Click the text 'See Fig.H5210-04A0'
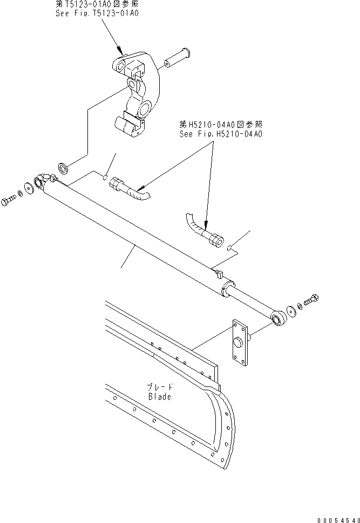tap(221, 134)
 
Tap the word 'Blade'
tap(159, 397)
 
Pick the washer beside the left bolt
tap(21, 194)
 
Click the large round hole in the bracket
tap(145, 110)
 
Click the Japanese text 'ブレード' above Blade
tap(159, 387)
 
